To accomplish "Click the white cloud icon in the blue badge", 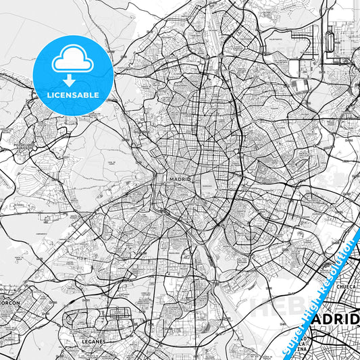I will (73, 61).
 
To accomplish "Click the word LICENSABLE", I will (73, 95).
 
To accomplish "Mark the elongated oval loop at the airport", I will (330, 41).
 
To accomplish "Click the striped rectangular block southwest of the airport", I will (301, 86).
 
